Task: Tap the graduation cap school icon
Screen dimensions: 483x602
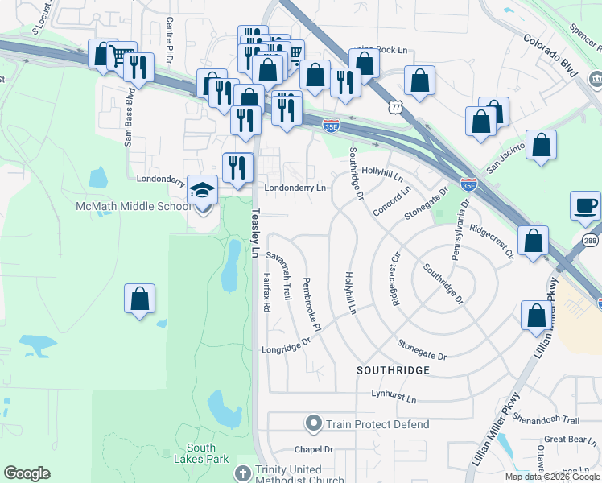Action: tap(202, 190)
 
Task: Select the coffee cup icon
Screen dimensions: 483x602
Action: tap(585, 205)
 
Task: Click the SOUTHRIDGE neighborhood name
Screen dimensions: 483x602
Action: tap(394, 369)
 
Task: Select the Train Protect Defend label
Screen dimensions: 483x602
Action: tap(377, 424)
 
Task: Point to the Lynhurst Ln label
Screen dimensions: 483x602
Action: tap(394, 398)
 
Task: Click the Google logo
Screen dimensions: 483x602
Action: tap(27, 473)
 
